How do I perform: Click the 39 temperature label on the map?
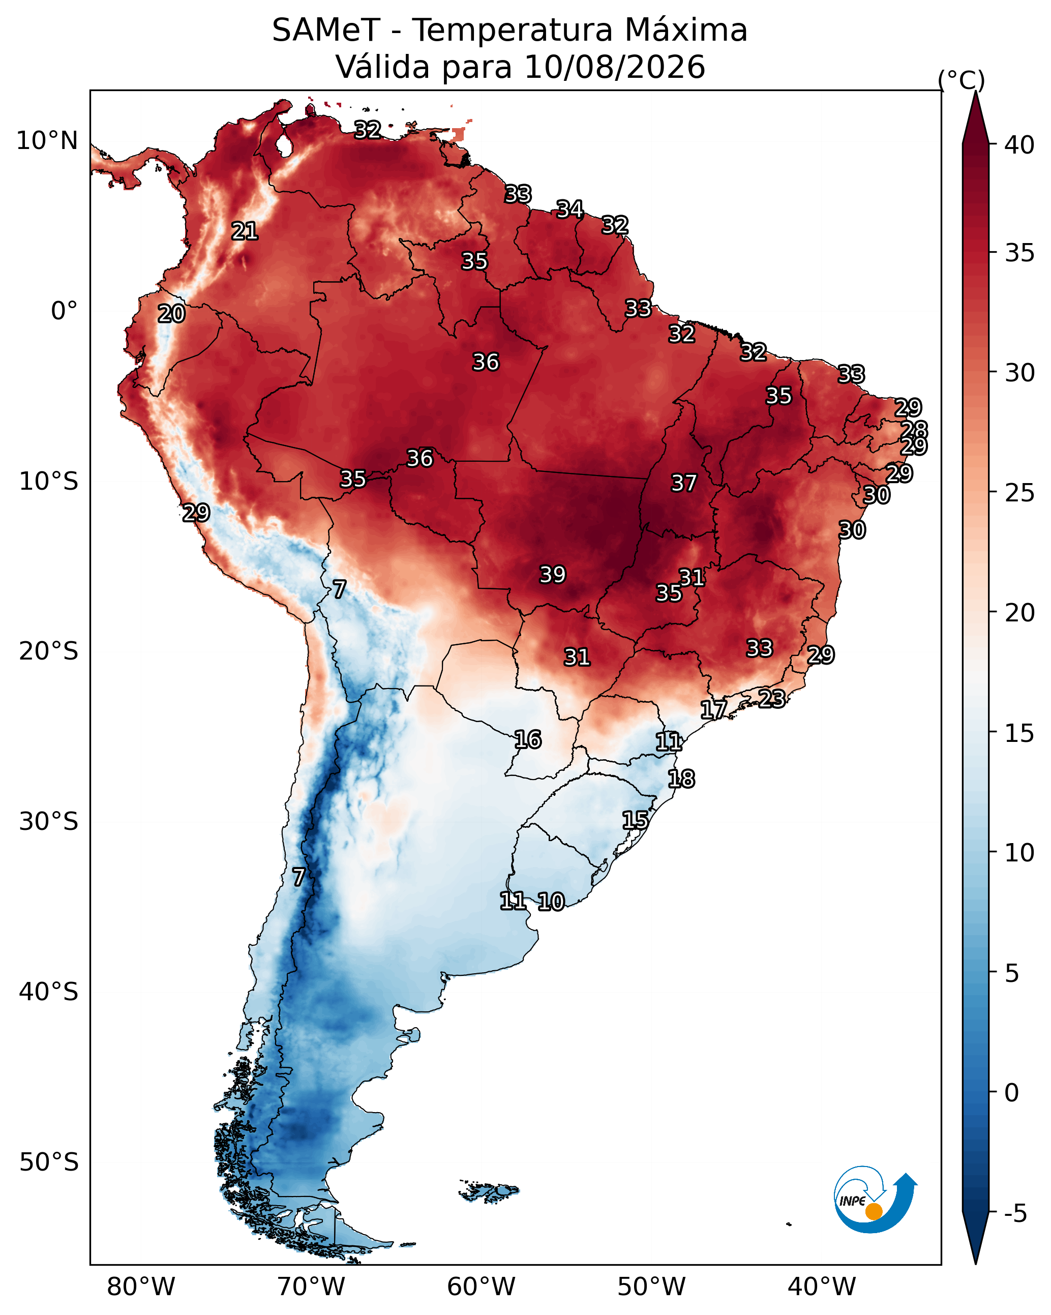(553, 575)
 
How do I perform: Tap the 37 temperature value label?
(684, 483)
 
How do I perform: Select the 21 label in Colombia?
(245, 231)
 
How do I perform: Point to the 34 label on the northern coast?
(569, 209)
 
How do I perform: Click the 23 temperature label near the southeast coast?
(772, 698)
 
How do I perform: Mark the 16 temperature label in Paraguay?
(528, 740)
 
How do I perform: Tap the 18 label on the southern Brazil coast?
(681, 779)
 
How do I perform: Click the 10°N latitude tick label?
(47, 141)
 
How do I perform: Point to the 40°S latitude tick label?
(49, 992)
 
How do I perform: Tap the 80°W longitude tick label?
(141, 1287)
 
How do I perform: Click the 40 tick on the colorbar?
(1019, 145)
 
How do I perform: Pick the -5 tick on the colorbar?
(1015, 1214)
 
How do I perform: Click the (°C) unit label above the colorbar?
(962, 80)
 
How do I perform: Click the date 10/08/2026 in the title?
(614, 67)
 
